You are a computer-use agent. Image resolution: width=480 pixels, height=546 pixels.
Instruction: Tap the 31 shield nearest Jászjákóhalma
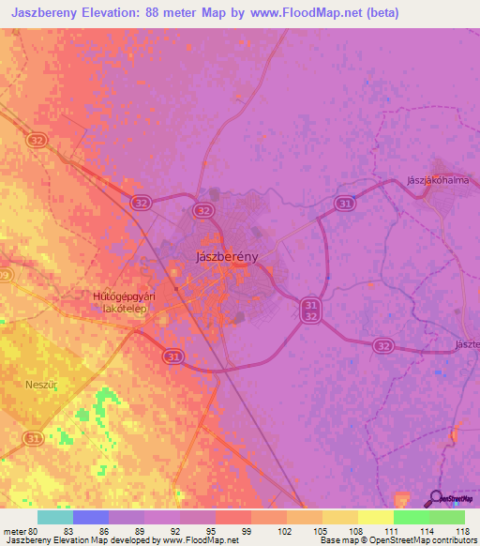point(346,203)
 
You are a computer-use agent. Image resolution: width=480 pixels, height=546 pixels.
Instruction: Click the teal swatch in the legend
point(54,517)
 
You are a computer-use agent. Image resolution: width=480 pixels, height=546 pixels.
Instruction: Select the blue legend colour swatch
point(90,517)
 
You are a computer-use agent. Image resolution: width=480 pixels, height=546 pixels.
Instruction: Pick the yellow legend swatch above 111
point(375,517)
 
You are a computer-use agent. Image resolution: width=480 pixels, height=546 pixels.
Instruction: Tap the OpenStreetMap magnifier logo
point(435,498)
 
